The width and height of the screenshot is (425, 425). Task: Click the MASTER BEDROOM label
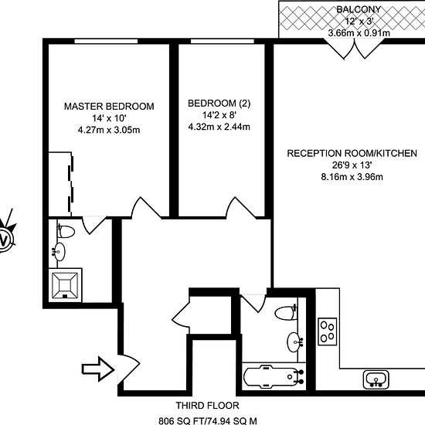click(x=109, y=107)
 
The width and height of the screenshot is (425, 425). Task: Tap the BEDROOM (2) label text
click(x=219, y=104)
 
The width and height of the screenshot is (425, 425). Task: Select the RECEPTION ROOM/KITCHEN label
click(x=352, y=154)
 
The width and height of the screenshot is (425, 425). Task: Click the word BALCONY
click(x=359, y=9)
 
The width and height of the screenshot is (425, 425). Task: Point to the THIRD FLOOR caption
click(x=207, y=406)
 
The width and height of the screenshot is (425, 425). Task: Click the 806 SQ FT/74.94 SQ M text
click(x=207, y=421)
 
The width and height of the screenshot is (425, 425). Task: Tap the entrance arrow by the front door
click(x=97, y=369)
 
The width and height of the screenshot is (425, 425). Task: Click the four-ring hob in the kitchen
click(x=328, y=331)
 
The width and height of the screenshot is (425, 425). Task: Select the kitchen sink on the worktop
click(x=376, y=379)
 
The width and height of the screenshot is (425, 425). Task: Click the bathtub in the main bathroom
click(x=274, y=376)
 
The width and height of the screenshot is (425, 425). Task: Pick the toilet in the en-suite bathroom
click(x=66, y=231)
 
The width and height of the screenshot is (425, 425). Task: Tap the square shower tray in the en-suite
click(x=65, y=285)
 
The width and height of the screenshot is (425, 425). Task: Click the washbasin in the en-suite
click(x=59, y=252)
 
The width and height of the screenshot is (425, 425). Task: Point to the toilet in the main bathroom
click(x=286, y=313)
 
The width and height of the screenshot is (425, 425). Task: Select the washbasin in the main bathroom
click(x=294, y=342)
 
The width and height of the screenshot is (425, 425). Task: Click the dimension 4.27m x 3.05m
click(x=109, y=130)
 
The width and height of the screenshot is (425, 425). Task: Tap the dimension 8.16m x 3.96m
click(x=352, y=177)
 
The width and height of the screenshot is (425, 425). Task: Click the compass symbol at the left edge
click(x=6, y=236)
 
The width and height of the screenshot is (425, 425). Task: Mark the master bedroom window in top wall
click(x=106, y=41)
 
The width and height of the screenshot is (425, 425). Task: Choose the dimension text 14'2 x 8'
click(x=219, y=115)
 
